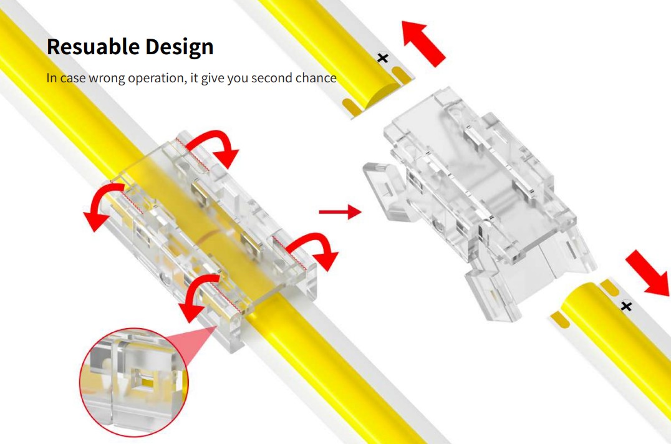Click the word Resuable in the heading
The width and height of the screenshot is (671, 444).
[x=93, y=46]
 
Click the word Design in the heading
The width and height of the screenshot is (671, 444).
[x=180, y=47]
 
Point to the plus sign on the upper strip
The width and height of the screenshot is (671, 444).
[x=383, y=58]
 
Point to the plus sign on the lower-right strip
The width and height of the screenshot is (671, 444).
[x=626, y=306]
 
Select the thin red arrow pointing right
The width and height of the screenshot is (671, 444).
[x=340, y=211]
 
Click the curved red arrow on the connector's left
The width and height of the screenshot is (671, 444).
[x=101, y=201]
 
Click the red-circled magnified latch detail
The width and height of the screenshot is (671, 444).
[x=134, y=382]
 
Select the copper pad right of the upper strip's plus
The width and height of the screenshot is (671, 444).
[x=401, y=75]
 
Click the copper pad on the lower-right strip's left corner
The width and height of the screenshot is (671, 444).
[x=560, y=320]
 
